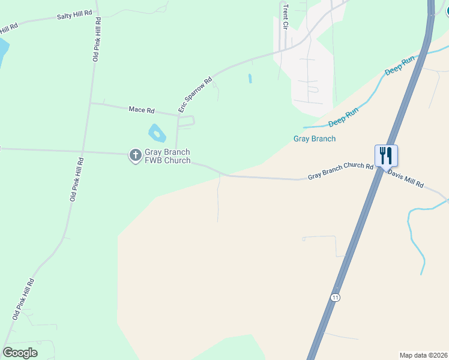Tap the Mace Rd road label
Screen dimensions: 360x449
[x=142, y=110]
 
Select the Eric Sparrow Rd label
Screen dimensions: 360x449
[x=196, y=95]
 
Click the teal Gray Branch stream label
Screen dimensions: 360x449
[x=314, y=139]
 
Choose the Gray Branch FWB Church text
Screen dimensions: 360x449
[x=167, y=157]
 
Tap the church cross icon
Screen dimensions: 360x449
[x=136, y=156]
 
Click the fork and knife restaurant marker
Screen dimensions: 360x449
[x=386, y=156]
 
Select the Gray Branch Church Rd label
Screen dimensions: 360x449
[x=340, y=171]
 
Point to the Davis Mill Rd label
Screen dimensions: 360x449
[x=406, y=179]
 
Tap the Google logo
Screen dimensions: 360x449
[x=20, y=353]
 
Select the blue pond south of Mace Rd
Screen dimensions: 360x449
[x=157, y=133]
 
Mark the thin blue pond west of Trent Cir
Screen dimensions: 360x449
[x=250, y=79]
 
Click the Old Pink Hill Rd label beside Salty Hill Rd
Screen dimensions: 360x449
[x=96, y=40]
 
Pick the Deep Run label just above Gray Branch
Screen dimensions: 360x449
[x=343, y=118]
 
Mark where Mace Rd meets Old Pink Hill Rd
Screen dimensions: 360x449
[x=90, y=103]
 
